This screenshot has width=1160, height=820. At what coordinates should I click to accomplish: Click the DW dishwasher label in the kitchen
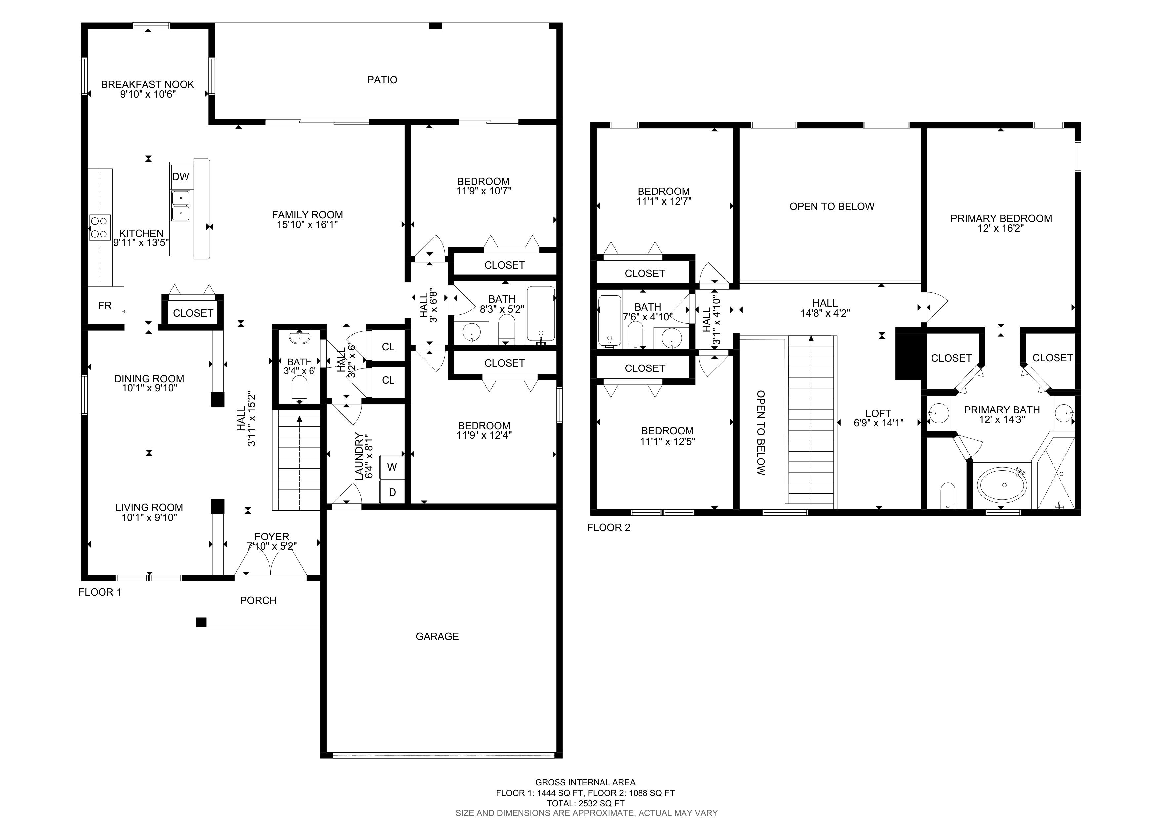click(180, 176)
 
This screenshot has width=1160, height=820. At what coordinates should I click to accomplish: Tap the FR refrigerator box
click(105, 305)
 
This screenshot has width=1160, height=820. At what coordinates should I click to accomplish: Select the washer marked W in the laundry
click(392, 467)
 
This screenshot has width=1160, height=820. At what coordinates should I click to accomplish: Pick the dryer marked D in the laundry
click(392, 492)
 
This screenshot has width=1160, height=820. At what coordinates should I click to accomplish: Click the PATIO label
click(382, 80)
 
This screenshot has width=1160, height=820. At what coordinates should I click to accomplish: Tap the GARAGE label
click(437, 637)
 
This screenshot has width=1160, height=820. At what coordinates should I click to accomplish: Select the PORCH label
click(258, 601)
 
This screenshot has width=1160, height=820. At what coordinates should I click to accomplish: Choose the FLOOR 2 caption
click(608, 528)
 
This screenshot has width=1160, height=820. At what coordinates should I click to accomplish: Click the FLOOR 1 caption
click(100, 592)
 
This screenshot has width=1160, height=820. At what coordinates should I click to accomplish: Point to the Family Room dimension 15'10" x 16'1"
click(307, 224)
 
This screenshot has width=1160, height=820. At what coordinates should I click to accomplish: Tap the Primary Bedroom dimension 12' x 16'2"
click(1001, 228)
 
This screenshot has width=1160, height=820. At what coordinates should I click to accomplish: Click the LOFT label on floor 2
click(878, 413)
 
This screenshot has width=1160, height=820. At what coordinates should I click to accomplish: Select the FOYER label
click(272, 537)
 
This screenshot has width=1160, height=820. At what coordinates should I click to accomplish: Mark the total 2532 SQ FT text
click(586, 803)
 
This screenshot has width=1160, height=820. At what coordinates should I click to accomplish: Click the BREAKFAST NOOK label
click(147, 84)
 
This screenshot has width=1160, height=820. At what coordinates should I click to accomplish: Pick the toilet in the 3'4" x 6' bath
click(299, 392)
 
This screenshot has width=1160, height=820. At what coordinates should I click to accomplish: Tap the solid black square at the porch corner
click(201, 623)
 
